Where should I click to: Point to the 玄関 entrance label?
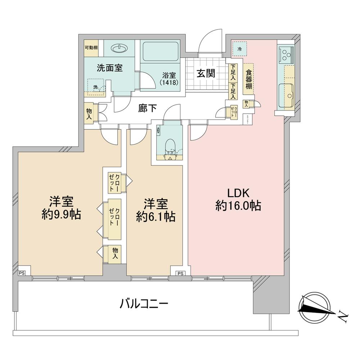206,73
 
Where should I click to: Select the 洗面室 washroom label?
110,68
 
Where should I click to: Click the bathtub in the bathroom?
161,51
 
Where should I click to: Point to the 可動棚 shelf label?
91,48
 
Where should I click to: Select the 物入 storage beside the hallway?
89,114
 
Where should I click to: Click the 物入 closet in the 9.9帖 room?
115,253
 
